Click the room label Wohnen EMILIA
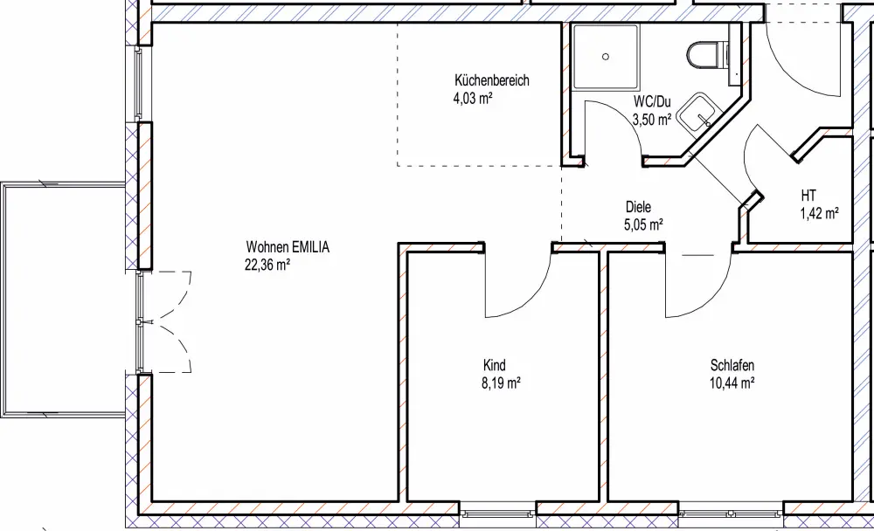pos(288,247)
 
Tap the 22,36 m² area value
pos(267,265)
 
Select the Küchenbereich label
pos(491,80)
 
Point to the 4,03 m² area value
pos(473,99)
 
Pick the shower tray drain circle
pos(606,56)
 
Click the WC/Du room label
pos(652,102)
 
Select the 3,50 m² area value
pos(652,120)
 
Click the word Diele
pos(638,207)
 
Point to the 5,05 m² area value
pos(643,225)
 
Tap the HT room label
pos(808,196)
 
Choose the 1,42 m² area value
pos(820,213)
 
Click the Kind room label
pos(495,366)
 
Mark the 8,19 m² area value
pos(501,383)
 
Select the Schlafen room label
pos(732,366)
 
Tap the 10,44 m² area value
pos(732,383)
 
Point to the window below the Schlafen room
pos(732,514)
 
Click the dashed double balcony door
pos(164,322)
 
